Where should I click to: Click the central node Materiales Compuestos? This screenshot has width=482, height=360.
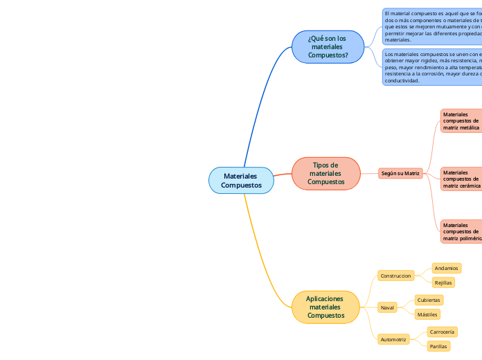tap(241, 181)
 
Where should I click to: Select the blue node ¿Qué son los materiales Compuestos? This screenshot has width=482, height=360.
tap(328, 46)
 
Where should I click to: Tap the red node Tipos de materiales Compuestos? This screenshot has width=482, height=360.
tap(325, 173)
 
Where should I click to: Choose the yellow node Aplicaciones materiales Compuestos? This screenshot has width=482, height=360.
tap(325, 307)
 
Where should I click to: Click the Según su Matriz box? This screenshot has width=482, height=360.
tap(401, 173)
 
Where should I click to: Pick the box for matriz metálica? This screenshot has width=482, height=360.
tap(461, 121)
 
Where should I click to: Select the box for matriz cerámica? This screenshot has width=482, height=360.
tap(461, 179)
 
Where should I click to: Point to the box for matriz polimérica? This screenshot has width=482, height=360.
tap(461, 232)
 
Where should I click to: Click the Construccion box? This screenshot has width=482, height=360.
tap(395, 276)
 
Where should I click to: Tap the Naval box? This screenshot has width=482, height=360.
tap(387, 307)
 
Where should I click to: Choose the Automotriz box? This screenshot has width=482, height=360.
tap(393, 339)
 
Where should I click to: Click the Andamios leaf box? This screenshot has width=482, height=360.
tap(446, 268)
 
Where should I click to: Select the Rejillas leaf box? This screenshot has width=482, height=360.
tap(443, 282)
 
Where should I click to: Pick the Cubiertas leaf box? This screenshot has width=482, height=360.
tap(429, 300)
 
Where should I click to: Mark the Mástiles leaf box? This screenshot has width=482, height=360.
tap(427, 314)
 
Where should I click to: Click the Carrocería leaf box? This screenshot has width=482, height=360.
tap(442, 332)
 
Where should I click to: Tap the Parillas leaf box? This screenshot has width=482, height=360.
tap(438, 346)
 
